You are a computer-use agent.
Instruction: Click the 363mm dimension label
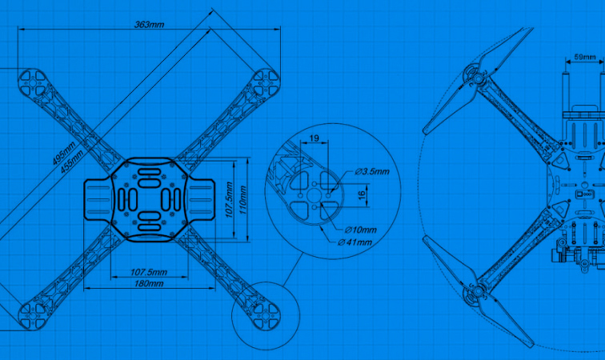pyautogui.click(x=149, y=25)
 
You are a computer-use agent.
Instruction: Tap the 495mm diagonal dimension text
pyautogui.click(x=64, y=153)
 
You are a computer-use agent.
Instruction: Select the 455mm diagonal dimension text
pyautogui.click(x=72, y=161)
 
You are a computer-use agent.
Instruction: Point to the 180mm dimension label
pyautogui.click(x=149, y=284)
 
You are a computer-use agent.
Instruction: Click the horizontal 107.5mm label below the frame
pyautogui.click(x=149, y=272)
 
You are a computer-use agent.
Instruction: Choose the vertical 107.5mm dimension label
pyautogui.click(x=229, y=200)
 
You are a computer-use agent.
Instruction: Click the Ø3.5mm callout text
pyautogui.click(x=372, y=171)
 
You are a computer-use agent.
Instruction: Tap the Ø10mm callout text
pyautogui.click(x=360, y=230)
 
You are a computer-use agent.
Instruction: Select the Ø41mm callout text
pyautogui.click(x=355, y=242)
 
